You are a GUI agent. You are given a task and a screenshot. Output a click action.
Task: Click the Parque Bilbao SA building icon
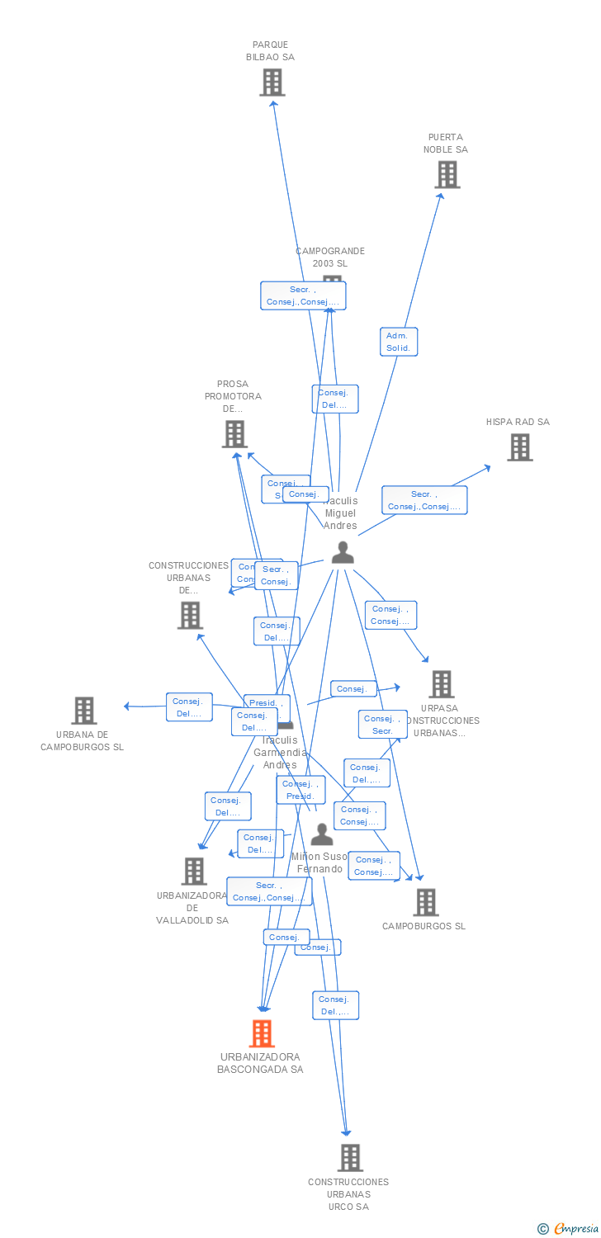coord(272,83)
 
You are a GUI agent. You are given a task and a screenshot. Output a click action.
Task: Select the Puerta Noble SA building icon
coord(447,175)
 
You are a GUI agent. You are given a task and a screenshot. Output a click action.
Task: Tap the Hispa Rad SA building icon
coord(519,447)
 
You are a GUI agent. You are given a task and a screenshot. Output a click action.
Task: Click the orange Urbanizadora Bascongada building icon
coord(262,1033)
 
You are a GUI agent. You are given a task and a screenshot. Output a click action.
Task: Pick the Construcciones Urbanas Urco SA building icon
coord(350,1158)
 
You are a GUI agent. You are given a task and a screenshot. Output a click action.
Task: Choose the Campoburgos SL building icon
coord(426,903)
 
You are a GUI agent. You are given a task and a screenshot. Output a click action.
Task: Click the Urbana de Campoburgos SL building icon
coord(83,711)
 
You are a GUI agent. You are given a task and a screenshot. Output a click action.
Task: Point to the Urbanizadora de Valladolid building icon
coord(194,872)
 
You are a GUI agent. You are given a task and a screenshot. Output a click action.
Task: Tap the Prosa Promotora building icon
coord(234,434)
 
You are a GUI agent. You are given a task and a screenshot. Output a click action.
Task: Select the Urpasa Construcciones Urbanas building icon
coord(442,684)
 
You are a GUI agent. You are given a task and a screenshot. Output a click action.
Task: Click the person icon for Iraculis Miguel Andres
coord(343,553)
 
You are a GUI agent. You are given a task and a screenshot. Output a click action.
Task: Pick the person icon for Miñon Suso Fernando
coord(321,834)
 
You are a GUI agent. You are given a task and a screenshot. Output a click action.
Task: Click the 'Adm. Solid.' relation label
coord(398,342)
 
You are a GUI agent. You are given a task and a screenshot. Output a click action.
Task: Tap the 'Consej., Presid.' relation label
coord(300,790)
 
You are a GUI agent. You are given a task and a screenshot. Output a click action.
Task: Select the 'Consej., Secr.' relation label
coord(382,725)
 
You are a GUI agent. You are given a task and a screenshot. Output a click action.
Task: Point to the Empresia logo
coord(568,1229)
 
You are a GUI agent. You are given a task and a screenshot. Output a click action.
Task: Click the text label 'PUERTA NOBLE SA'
coord(446,144)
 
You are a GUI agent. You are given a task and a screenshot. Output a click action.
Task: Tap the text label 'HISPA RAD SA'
coord(518,422)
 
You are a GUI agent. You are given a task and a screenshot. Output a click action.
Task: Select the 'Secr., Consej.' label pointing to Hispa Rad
coord(424,500)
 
